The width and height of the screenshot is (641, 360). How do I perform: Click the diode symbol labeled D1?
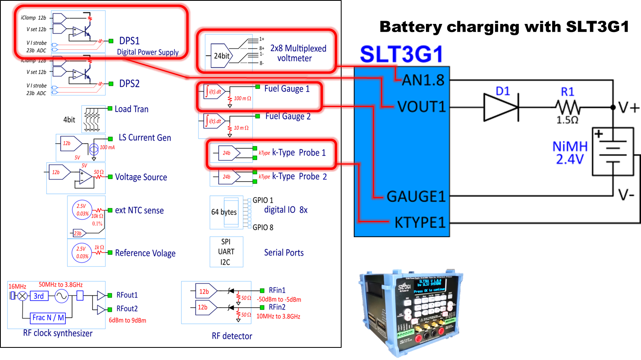coord(501,107)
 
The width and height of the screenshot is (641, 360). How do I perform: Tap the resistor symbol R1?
coord(568,108)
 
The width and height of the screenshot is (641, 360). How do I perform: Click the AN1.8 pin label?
coord(423,80)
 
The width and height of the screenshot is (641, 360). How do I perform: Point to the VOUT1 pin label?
coord(422,107)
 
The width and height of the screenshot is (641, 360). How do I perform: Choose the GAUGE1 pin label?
coord(416,197)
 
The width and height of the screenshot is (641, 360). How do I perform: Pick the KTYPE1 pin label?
coord(420,223)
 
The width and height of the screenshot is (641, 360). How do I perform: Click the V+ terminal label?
coord(628,108)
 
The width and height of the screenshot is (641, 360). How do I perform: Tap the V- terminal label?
coord(626,195)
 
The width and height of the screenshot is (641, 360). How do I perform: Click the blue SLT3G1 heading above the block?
coord(401,54)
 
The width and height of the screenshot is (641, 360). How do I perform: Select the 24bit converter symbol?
coord(222,56)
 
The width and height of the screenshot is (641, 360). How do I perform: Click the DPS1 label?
coord(129,41)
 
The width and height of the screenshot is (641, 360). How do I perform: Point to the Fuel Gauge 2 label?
coord(288,117)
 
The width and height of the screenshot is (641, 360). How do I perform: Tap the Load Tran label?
coord(131,109)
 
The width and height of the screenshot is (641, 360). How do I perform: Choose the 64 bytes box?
coord(224,212)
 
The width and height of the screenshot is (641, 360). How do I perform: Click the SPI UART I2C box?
coord(226,252)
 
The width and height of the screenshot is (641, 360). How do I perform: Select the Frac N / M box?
coord(48,317)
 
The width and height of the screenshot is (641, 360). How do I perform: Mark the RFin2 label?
coord(277,307)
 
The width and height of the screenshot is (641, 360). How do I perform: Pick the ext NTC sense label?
coord(139,210)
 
